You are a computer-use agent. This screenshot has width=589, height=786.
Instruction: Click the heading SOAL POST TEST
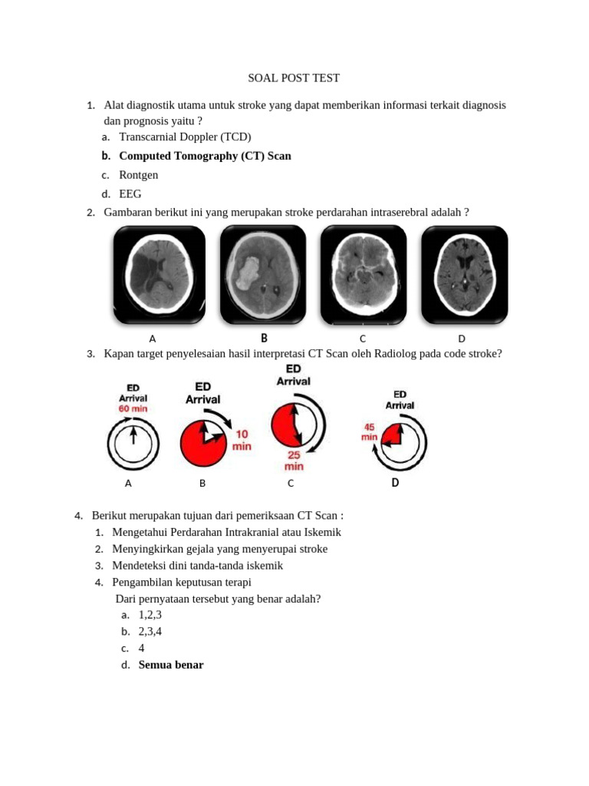(294, 78)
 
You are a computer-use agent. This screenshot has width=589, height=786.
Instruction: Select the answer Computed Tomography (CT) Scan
(205, 156)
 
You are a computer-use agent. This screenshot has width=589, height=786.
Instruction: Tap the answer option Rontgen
(139, 175)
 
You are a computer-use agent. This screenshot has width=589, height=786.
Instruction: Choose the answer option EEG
(130, 194)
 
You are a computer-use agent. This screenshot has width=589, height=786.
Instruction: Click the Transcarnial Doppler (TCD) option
(185, 137)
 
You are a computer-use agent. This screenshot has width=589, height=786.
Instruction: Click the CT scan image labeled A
(160, 274)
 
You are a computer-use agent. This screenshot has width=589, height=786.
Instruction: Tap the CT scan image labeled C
(364, 274)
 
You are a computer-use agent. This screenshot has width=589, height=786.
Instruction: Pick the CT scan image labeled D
(464, 274)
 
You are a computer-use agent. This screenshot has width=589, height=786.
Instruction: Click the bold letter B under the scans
(264, 338)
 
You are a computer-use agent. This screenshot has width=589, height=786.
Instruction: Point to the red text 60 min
(133, 408)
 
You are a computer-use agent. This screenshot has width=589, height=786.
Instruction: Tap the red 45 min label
(369, 431)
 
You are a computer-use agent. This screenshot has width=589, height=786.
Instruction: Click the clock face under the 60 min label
(133, 444)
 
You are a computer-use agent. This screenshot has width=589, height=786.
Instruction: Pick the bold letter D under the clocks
(395, 483)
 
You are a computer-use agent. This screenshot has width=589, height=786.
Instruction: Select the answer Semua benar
(171, 665)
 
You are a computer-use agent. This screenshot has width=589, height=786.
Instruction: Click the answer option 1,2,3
(150, 615)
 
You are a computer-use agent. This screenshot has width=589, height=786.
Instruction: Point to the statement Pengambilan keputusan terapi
(182, 583)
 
